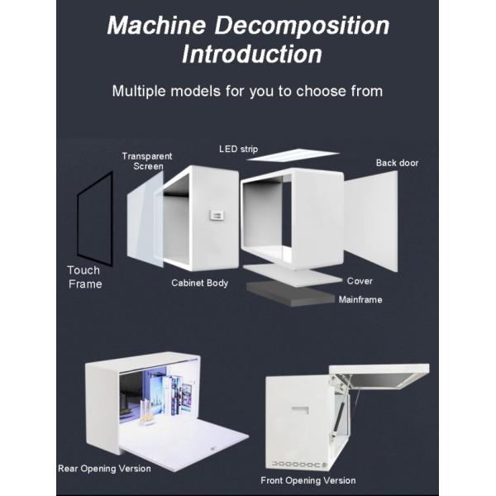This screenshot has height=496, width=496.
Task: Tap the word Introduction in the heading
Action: coord(251,55)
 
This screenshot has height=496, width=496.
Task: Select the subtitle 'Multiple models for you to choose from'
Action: coord(247,90)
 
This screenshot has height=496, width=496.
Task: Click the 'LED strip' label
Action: coord(238,149)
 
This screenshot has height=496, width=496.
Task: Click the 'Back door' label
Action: coord(397,163)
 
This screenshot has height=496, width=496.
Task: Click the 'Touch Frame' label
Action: coord(83,277)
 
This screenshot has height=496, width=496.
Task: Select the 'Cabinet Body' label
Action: coord(199,284)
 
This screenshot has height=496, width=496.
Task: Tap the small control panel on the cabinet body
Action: coord(217,215)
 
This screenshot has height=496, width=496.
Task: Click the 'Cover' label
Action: coord(360,281)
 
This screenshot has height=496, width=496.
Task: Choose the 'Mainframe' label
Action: coord(360,299)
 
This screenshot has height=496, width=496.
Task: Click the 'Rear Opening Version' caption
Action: coord(104,469)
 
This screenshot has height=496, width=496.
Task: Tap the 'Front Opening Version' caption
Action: coord(308,480)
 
